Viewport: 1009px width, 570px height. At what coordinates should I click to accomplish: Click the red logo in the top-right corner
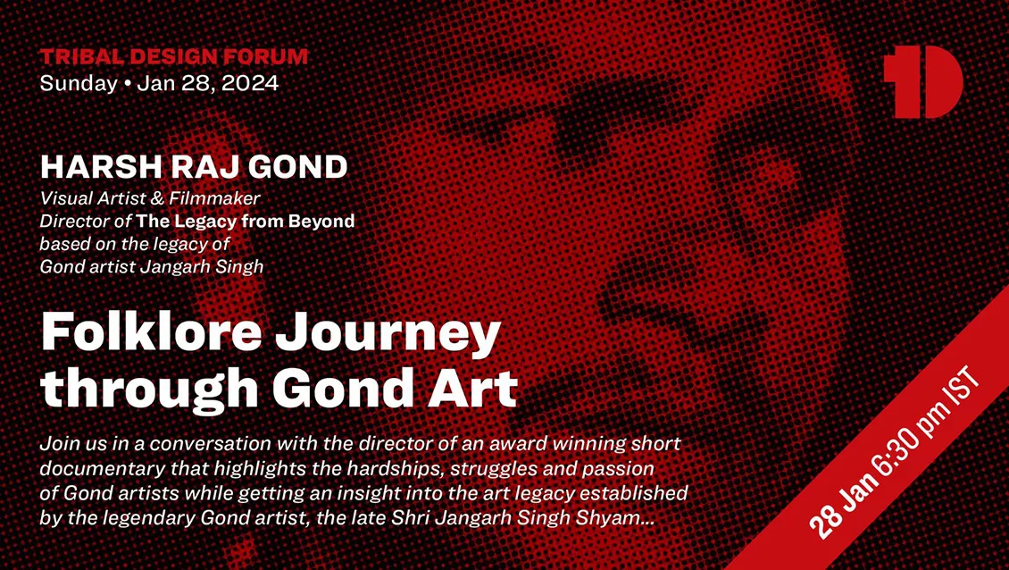pyautogui.click(x=922, y=82)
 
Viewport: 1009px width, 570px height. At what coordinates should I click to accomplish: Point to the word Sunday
pyautogui.click(x=79, y=84)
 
